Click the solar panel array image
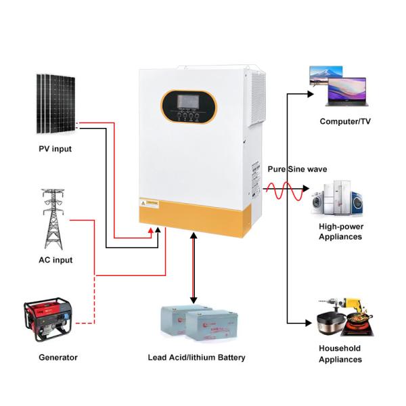click(x=55, y=103)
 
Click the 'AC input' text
click(x=55, y=260)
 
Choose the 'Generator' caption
click(x=58, y=357)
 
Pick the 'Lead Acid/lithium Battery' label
click(x=196, y=357)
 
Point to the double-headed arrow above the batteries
click(x=194, y=267)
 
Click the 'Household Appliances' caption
click(x=340, y=354)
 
